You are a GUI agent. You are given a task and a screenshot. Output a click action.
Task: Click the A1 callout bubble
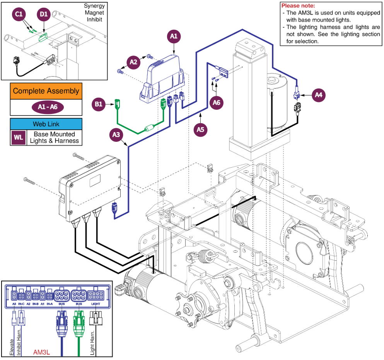point(174,37)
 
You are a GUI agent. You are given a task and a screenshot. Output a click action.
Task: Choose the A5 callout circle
point(200,129)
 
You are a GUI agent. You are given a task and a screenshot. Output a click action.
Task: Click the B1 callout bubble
point(99,104)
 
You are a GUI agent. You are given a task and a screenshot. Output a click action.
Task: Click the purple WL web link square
point(18,137)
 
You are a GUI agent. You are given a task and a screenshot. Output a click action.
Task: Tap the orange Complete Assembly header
point(46,91)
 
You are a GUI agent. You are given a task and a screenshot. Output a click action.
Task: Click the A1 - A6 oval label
point(46,107)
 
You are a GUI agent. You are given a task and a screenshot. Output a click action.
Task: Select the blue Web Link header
point(46,124)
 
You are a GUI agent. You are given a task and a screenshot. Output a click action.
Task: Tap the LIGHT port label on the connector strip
point(96,304)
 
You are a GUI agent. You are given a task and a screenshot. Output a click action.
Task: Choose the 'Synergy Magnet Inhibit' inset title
point(94,12)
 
